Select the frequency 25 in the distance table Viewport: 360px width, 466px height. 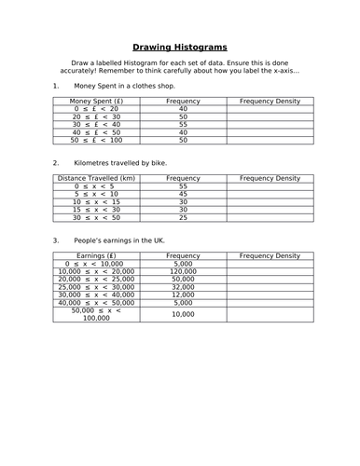click(183, 217)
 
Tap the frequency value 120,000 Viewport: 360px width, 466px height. click(183, 271)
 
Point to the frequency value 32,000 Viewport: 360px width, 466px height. click(183, 287)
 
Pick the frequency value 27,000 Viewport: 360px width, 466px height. click(183, 295)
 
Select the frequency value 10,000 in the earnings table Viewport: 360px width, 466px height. click(183, 315)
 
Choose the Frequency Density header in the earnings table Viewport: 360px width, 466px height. click(270, 255)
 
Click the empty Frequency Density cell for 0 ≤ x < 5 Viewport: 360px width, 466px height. click(270, 185)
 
